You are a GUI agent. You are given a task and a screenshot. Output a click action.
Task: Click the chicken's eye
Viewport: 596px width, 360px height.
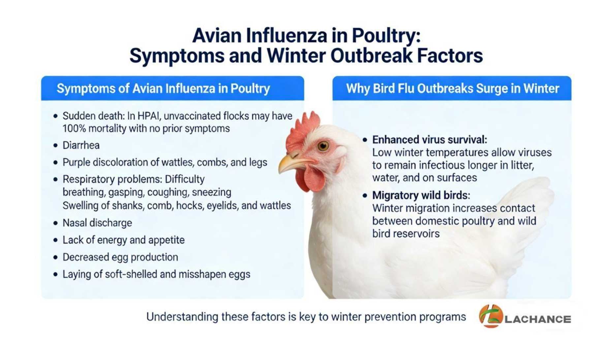[x=323, y=145]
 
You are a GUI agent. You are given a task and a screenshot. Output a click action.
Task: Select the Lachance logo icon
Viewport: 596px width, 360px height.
[x=491, y=316]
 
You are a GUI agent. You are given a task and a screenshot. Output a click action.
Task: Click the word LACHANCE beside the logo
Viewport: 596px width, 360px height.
[x=538, y=319]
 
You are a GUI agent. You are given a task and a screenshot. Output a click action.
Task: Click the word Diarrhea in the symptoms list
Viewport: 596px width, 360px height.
[x=81, y=145]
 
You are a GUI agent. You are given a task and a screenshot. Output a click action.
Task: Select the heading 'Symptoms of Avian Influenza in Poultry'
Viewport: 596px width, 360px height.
[x=163, y=89]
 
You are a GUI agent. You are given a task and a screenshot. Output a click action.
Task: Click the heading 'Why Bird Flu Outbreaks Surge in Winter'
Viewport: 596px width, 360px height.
[x=453, y=88]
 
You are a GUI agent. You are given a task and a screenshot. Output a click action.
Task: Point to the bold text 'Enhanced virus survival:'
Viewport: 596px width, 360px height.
[x=429, y=140]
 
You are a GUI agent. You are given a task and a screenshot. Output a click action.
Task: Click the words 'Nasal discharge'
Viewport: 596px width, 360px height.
[x=97, y=223]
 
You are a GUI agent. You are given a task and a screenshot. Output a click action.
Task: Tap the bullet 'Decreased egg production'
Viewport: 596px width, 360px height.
[x=120, y=257]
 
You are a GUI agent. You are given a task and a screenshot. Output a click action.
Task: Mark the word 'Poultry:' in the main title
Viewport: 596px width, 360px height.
[x=386, y=36]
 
